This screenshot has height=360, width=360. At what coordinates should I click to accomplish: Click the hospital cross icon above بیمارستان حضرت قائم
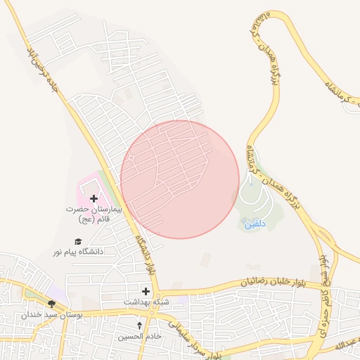tap(94, 199)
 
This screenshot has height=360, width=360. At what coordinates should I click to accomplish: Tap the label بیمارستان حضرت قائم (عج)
tap(95, 214)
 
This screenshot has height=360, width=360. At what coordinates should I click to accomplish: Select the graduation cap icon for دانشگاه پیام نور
tap(78, 241)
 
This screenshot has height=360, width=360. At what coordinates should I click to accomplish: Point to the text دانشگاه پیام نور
tap(78, 251)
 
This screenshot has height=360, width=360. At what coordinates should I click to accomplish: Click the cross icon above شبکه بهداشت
tap(146, 291)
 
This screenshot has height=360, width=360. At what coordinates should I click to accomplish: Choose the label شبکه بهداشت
tap(145, 302)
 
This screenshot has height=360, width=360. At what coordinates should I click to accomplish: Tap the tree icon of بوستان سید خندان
tap(51, 304)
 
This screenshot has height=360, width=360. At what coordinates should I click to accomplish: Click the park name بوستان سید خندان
tap(52, 314)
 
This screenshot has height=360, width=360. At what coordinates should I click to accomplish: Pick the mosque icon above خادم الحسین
tap(139, 326)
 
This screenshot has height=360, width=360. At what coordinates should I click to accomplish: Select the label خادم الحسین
tap(139, 337)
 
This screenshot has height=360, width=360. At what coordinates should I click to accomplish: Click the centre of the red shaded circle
tap(180, 179)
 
